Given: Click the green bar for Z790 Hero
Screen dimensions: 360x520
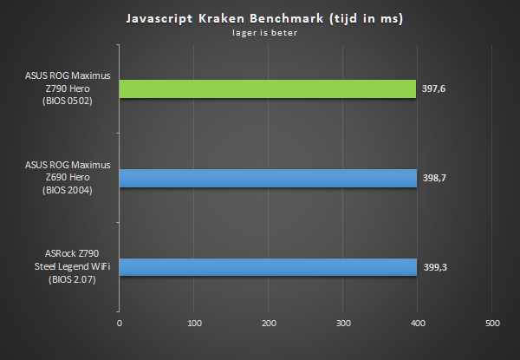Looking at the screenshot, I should point(268,88).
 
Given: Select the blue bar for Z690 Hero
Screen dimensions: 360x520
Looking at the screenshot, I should point(268,177).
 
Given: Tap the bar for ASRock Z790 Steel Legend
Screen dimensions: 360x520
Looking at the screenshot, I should point(268,266).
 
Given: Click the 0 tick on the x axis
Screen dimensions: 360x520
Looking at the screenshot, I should point(120,324).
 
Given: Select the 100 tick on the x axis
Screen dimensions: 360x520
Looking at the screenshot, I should point(194,324).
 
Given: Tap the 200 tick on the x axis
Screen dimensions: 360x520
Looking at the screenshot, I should point(269,324).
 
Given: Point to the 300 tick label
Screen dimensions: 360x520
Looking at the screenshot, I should point(342,324).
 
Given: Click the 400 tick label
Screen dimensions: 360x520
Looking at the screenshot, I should point(417,324).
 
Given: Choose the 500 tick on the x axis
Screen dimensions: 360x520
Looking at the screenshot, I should point(491,324).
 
